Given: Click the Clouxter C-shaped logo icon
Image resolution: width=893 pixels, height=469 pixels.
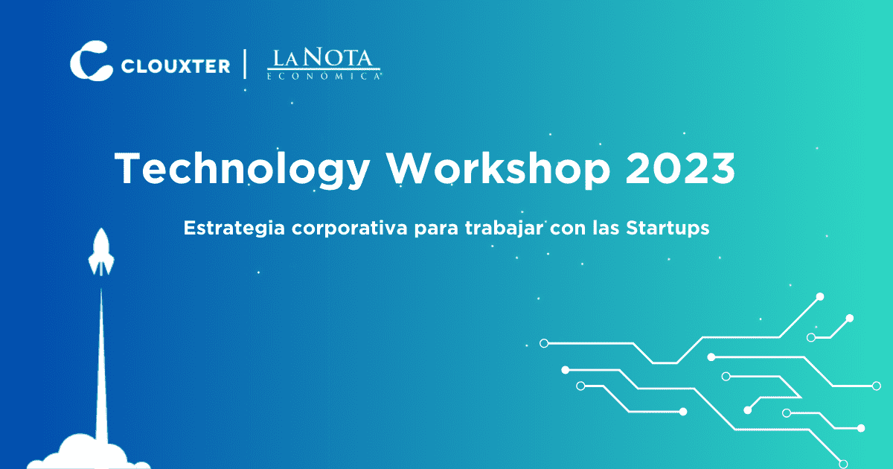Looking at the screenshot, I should pyautogui.click(x=90, y=60).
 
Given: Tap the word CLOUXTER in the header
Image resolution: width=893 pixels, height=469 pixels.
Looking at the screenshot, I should pyautogui.click(x=175, y=66).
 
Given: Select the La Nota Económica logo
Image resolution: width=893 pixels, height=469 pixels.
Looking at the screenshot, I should pyautogui.click(x=324, y=63).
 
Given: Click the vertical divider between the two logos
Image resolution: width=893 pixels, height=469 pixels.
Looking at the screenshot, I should pyautogui.click(x=246, y=64).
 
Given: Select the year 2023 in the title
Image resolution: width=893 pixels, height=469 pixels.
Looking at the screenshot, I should pyautogui.click(x=680, y=168).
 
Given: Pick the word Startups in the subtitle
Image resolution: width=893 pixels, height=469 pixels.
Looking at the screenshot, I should pyautogui.click(x=667, y=229).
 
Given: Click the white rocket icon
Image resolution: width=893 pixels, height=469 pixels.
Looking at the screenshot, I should pyautogui.click(x=100, y=253).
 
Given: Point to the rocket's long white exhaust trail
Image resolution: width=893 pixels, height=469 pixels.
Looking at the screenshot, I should pyautogui.click(x=101, y=365).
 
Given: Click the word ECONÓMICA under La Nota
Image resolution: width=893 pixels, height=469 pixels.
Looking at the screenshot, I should pyautogui.click(x=324, y=76).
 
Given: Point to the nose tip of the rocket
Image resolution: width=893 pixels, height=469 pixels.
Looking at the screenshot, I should pyautogui.click(x=100, y=230).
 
